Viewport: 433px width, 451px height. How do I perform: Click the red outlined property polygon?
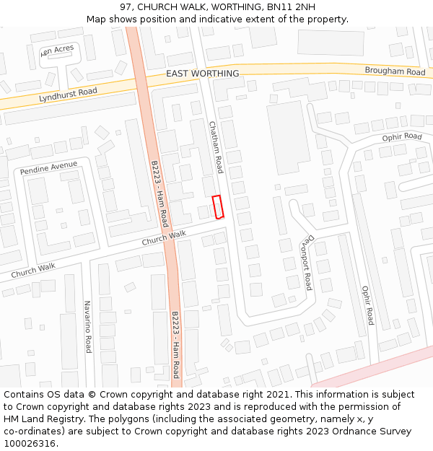pos(218,206)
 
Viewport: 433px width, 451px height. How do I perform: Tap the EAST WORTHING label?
pos(202,74)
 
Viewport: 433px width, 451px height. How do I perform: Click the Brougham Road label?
pos(395,72)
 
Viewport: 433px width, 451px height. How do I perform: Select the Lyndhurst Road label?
pos(68,93)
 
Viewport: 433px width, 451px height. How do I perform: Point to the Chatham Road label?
pos(216,147)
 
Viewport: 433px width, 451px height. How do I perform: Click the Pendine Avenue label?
pos(48,168)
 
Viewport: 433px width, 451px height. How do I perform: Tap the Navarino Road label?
pos(88,326)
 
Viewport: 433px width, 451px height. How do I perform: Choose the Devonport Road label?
pos(307,261)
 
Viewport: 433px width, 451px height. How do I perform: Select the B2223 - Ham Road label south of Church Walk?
pos(175,345)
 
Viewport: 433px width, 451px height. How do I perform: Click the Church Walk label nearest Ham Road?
pos(164,237)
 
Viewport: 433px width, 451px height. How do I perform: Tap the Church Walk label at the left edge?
pos(33,271)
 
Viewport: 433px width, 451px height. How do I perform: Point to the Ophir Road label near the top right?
pos(402,136)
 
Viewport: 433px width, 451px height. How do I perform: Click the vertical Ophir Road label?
pos(367,305)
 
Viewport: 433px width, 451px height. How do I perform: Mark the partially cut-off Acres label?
pos(58,50)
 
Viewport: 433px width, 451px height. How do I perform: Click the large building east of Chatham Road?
pos(288,137)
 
